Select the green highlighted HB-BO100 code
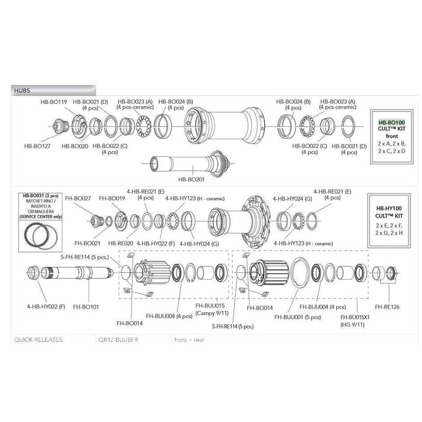coord(390,121)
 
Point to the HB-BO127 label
coord(38,146)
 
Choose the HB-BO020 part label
coord(74,146)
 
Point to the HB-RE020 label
coord(120,244)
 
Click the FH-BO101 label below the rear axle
coord(85,306)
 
